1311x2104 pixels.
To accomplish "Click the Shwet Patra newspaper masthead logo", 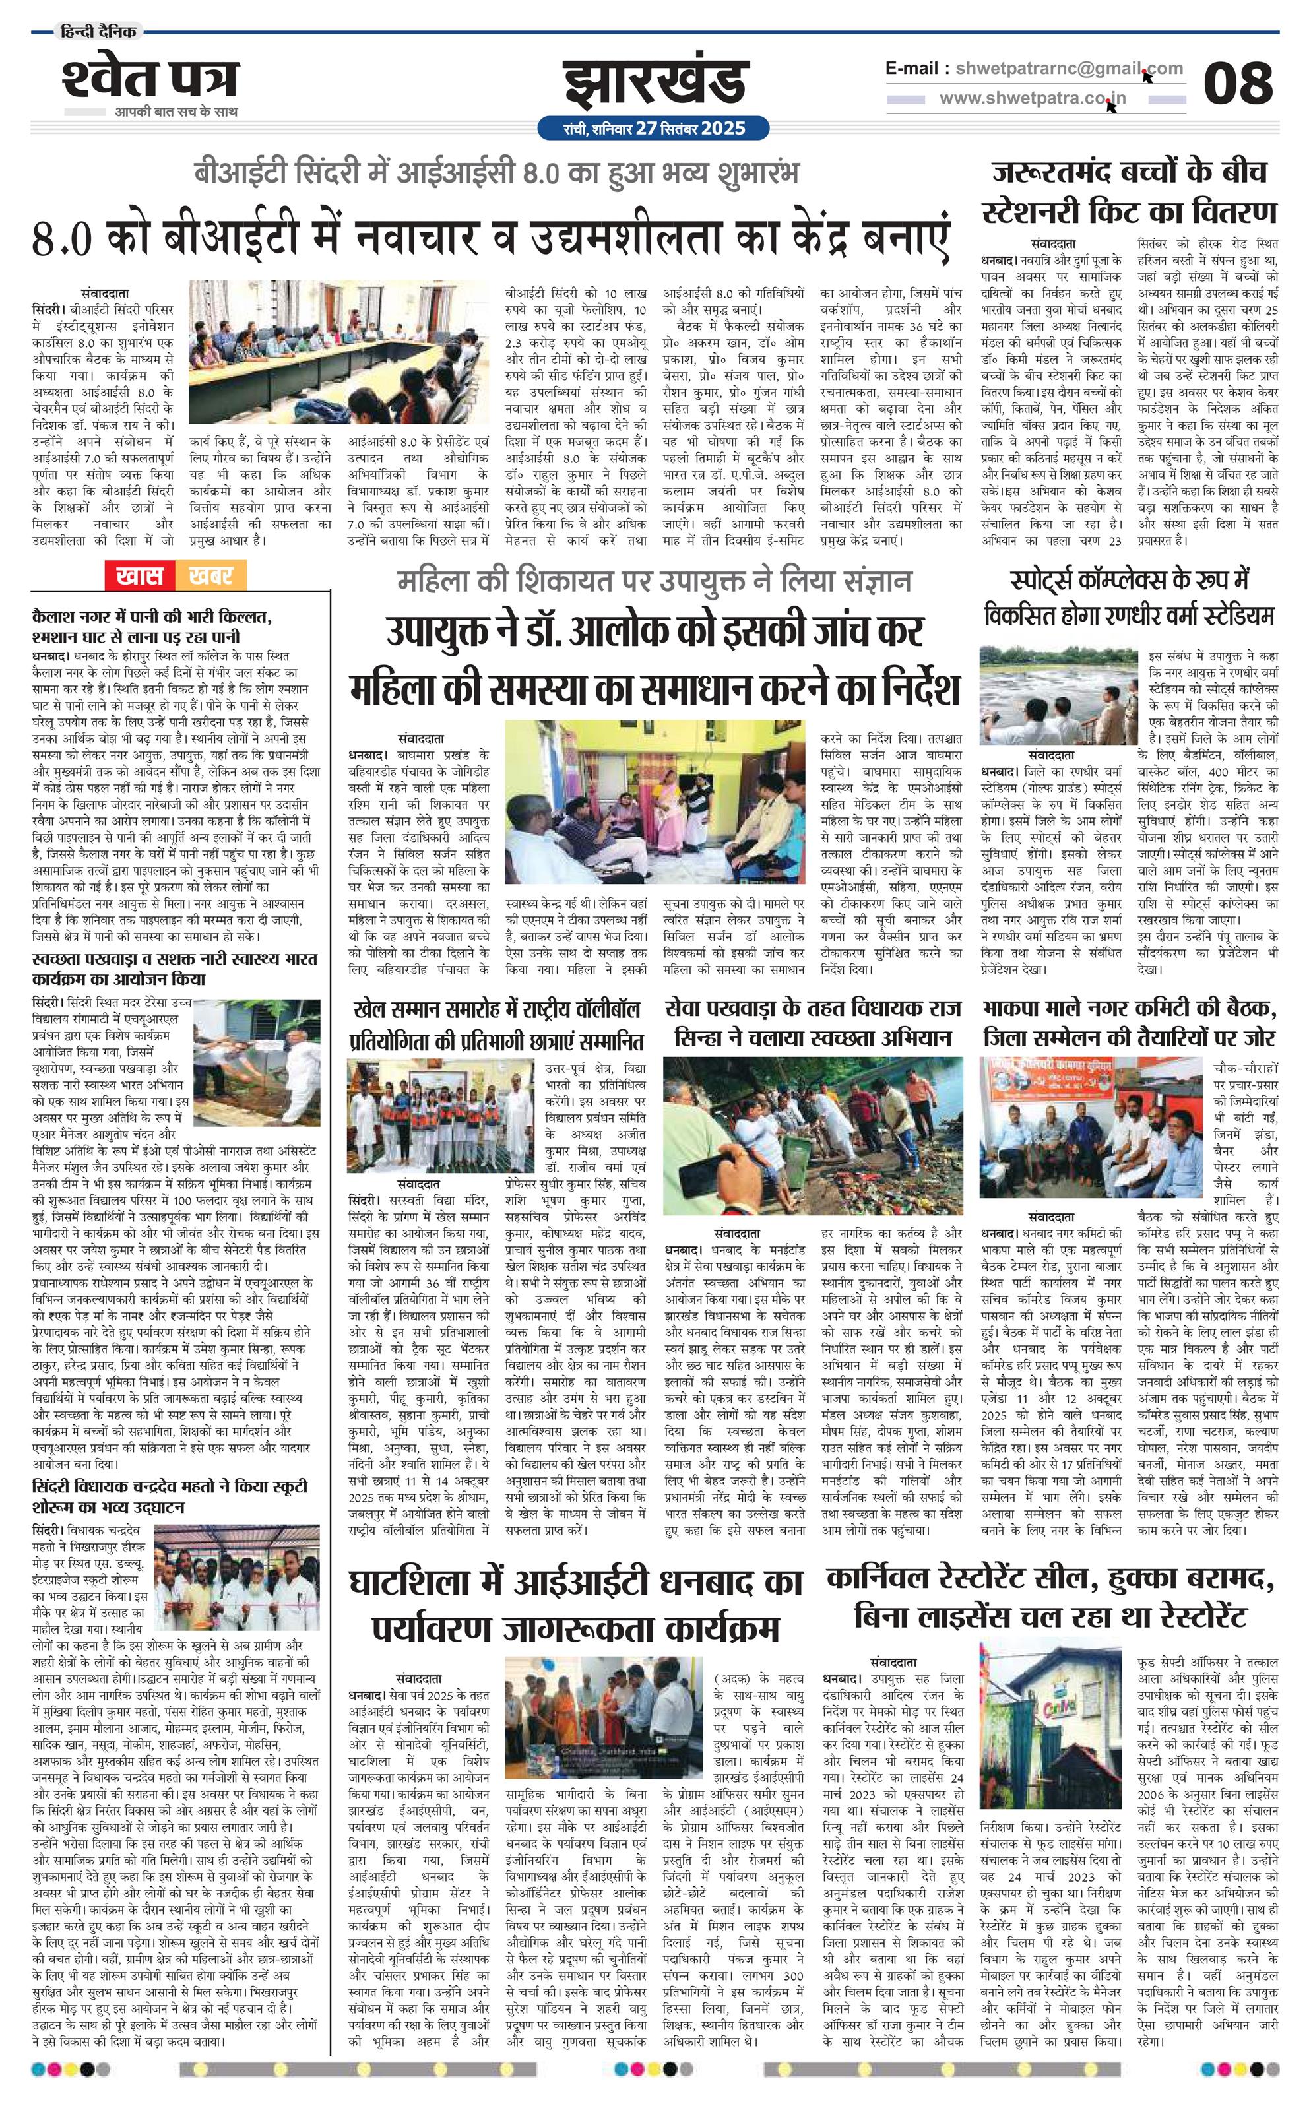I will pyautogui.click(x=149, y=80).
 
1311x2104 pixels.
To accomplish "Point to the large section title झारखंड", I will pyautogui.click(x=655, y=82).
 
